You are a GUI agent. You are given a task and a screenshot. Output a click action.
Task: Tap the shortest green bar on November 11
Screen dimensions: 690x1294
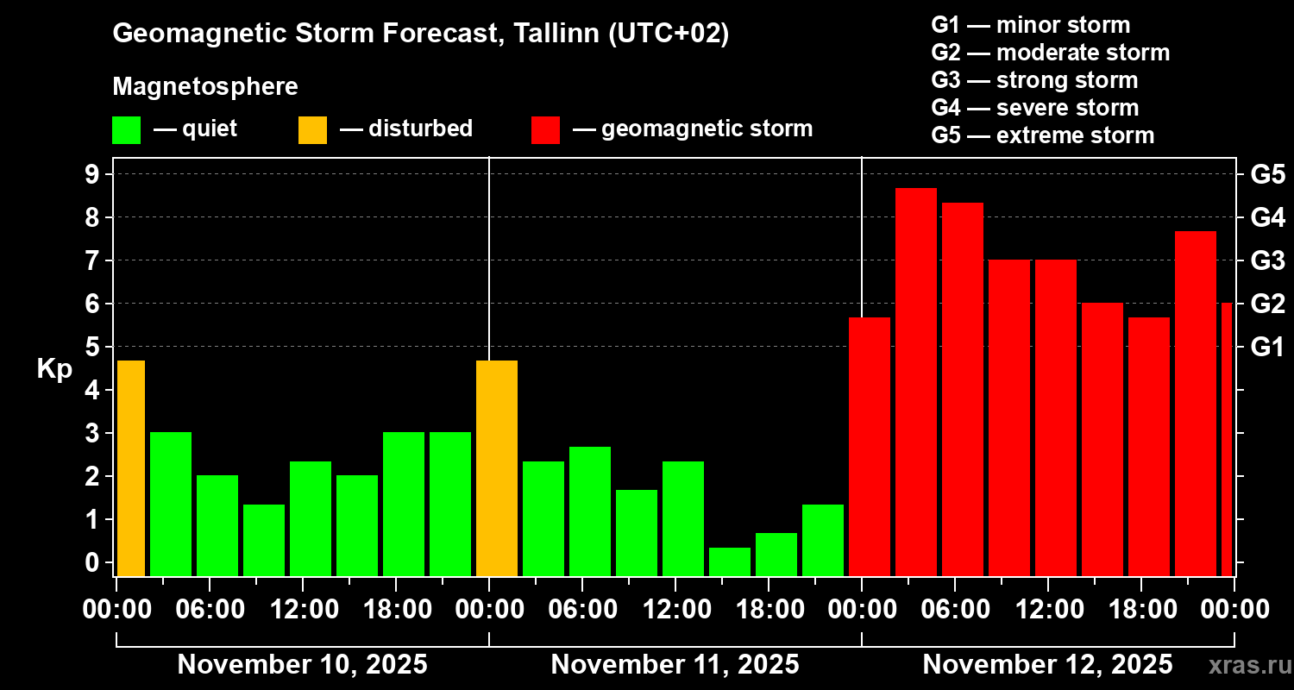pos(730,561)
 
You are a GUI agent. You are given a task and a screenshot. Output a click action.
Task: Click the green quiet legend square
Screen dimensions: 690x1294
pos(126,130)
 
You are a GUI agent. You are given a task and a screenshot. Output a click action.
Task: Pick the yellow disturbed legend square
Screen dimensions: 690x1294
pos(312,130)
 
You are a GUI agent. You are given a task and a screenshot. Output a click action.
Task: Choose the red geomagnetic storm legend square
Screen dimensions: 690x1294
pos(546,130)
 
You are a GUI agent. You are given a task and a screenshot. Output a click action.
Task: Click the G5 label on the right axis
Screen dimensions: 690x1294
pos(1267,175)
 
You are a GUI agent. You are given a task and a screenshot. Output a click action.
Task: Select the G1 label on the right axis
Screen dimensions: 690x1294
pos(1267,348)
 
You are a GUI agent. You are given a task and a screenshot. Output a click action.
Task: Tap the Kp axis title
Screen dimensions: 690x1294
pos(54,369)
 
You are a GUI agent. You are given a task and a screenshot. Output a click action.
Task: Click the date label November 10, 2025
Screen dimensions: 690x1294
pos(302,665)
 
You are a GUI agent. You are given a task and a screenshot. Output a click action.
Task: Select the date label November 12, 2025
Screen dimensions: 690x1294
pos(1047,665)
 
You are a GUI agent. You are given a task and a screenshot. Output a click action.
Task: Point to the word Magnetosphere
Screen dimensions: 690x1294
pos(205,87)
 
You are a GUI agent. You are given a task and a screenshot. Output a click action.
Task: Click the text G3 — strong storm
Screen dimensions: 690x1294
pos(1034,80)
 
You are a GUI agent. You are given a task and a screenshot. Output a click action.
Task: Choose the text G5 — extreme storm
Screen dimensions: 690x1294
pos(1042,135)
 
